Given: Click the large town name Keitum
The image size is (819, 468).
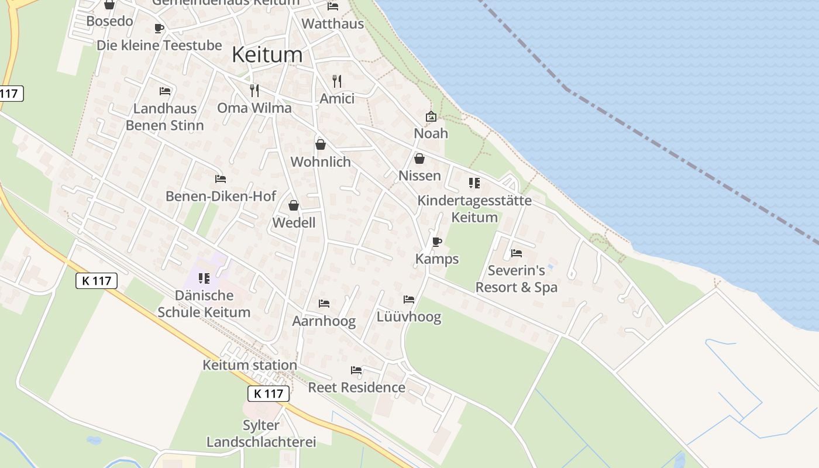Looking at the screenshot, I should click(x=267, y=54).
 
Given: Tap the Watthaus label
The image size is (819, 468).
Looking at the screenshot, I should click(x=332, y=24).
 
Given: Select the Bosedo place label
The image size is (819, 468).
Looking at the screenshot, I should click(x=109, y=21).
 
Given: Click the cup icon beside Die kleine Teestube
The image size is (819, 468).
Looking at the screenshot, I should click(x=159, y=28).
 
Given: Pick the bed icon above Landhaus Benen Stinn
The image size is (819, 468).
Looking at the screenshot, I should click(x=165, y=91).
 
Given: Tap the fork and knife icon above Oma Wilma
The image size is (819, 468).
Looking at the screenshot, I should click(x=254, y=90).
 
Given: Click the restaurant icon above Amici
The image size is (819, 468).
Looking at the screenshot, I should click(x=337, y=81).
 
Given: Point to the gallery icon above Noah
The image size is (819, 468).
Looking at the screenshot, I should click(x=431, y=116).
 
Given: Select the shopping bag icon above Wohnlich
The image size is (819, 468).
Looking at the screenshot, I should click(x=321, y=144).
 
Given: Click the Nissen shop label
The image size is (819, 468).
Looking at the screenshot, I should click(x=419, y=175).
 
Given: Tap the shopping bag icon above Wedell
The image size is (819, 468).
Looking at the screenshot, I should click(x=294, y=205).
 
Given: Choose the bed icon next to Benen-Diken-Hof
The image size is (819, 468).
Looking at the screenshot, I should click(x=221, y=179).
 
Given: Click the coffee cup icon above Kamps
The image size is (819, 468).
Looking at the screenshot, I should click(x=437, y=242).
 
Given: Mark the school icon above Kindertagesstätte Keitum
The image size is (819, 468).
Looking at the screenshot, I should click(x=474, y=183).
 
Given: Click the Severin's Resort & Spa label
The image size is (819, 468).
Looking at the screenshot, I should click(x=517, y=279).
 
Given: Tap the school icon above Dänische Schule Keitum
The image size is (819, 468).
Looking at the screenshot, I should click(x=204, y=278).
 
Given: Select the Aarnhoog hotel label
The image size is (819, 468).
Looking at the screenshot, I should click(x=324, y=322).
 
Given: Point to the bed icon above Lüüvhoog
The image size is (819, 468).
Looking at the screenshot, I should click(x=409, y=300).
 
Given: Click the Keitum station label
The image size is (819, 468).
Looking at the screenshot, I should click(x=250, y=365).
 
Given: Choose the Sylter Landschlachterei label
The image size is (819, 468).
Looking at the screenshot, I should click(x=261, y=433).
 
